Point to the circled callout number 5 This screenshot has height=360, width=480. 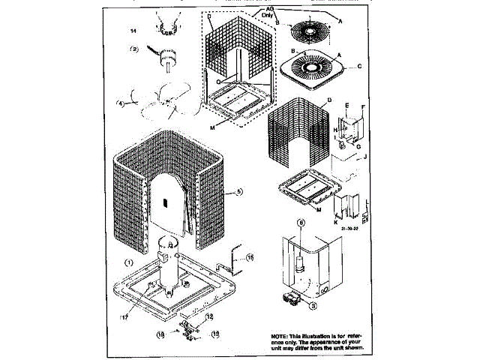238,192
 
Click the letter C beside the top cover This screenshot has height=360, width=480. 360,67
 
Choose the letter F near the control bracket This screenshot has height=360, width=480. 363,107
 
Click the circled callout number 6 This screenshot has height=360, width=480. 301,223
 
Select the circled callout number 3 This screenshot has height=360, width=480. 314,305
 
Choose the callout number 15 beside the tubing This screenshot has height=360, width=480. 250,257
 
